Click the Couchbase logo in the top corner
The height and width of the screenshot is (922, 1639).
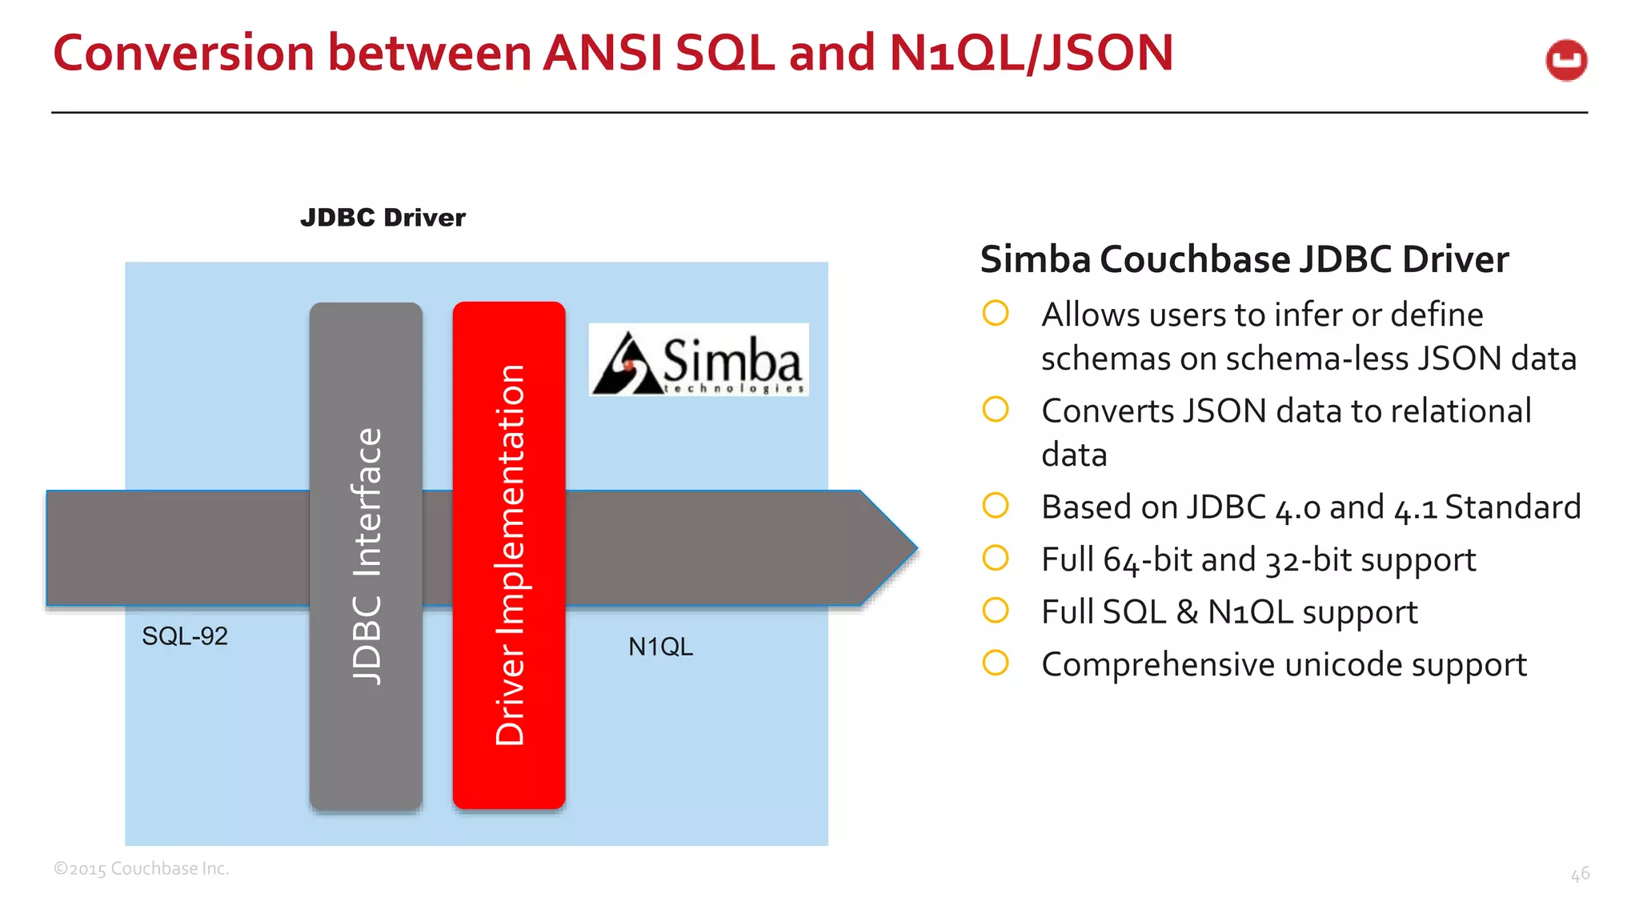1566,60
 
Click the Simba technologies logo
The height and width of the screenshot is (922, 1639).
699,360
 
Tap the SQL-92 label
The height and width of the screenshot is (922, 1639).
185,636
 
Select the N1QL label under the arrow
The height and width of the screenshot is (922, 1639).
660,647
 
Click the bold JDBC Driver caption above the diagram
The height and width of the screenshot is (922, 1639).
383,218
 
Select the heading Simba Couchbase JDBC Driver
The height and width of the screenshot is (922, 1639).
1244,259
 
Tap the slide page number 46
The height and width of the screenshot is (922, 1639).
1580,874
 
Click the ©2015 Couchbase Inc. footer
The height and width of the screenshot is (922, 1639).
142,868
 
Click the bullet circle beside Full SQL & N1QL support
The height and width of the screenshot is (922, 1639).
996,611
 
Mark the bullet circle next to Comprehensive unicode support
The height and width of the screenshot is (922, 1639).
996,663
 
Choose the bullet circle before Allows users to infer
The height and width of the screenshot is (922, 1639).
996,313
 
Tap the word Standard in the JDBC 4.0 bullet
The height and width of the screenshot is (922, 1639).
1513,507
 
